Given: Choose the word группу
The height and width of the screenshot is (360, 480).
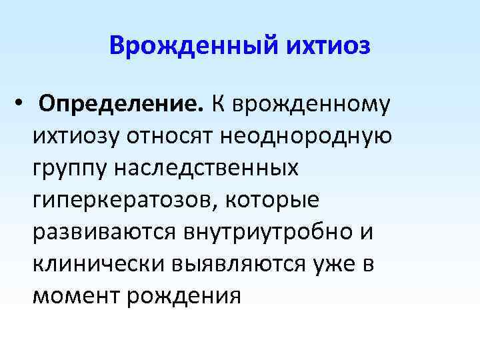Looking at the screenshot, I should (70, 168).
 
